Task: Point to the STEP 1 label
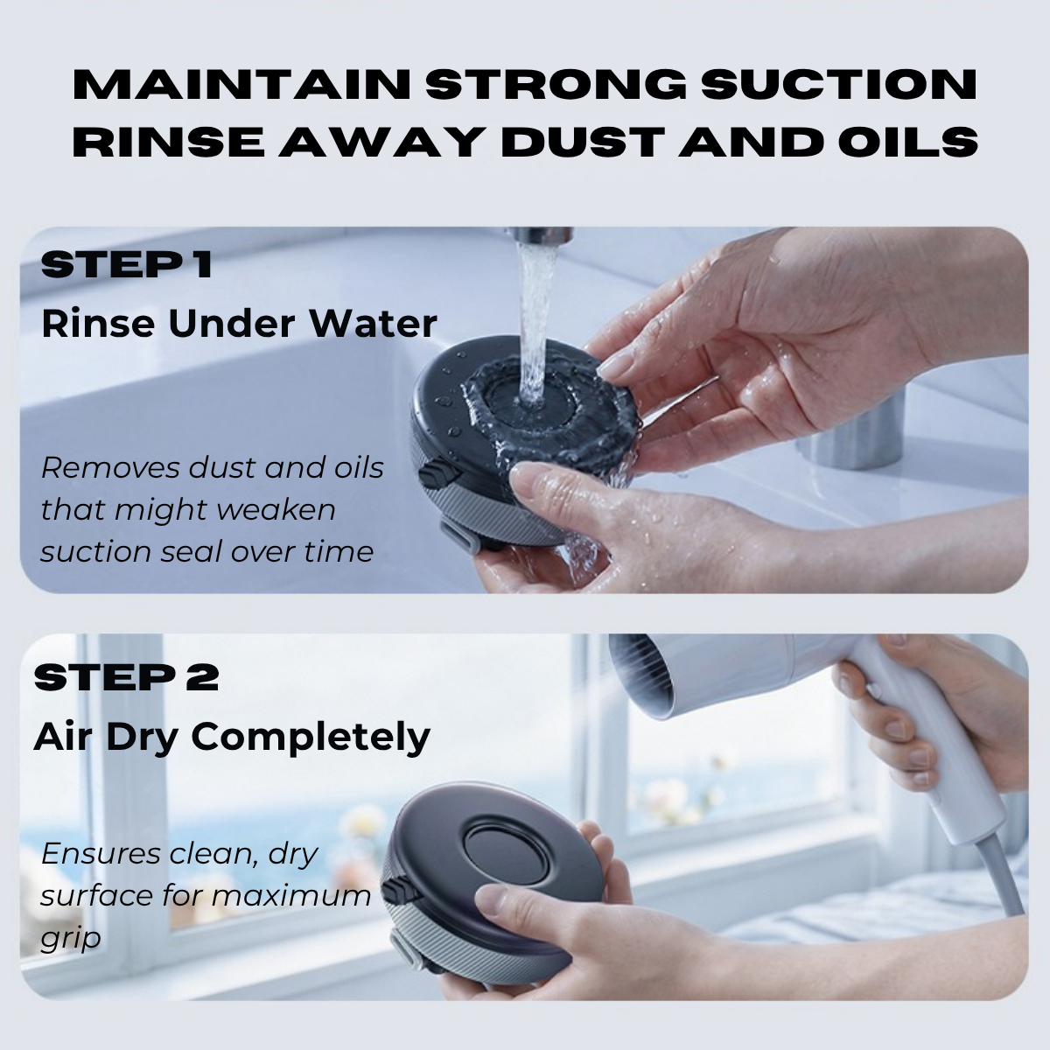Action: pos(126,264)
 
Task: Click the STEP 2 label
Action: pos(126,678)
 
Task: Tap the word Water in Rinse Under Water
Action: pos(374,324)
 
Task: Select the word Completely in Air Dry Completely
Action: pos(311,738)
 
